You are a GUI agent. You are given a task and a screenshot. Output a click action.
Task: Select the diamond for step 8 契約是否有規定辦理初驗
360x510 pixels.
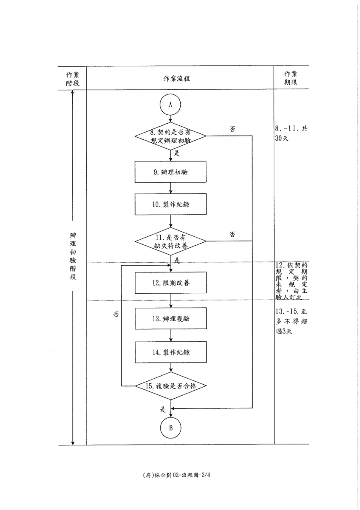point(170,136)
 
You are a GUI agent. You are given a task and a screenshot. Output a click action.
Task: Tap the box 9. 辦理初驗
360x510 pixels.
point(170,172)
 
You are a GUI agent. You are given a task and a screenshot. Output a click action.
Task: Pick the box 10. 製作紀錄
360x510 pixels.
point(170,204)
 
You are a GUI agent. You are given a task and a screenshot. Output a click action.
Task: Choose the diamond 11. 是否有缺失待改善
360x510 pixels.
point(170,241)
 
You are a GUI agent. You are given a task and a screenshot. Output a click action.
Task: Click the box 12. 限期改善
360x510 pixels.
point(170,283)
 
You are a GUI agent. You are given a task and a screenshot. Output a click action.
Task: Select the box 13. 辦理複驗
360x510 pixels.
point(170,318)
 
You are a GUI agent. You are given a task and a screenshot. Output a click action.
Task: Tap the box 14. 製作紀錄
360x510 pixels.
point(170,352)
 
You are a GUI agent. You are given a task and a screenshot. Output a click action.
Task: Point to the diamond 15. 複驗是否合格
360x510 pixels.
point(171,386)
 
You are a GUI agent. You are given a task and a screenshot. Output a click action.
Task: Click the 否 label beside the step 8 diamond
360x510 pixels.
point(232,129)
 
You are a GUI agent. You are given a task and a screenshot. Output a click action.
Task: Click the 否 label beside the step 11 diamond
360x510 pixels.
point(232,234)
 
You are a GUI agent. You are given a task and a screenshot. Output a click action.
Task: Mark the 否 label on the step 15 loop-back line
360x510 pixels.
point(116,314)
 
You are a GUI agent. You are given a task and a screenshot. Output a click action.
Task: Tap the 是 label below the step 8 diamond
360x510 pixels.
point(177,153)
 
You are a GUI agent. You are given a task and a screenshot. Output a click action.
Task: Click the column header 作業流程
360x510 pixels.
point(176,79)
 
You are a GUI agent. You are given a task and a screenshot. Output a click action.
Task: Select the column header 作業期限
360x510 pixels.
point(291,78)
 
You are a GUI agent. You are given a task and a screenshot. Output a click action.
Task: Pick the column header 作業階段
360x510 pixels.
point(73,79)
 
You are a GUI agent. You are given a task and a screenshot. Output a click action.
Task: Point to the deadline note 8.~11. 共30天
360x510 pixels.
point(291,133)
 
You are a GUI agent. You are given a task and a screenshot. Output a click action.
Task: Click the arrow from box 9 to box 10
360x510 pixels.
point(170,188)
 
